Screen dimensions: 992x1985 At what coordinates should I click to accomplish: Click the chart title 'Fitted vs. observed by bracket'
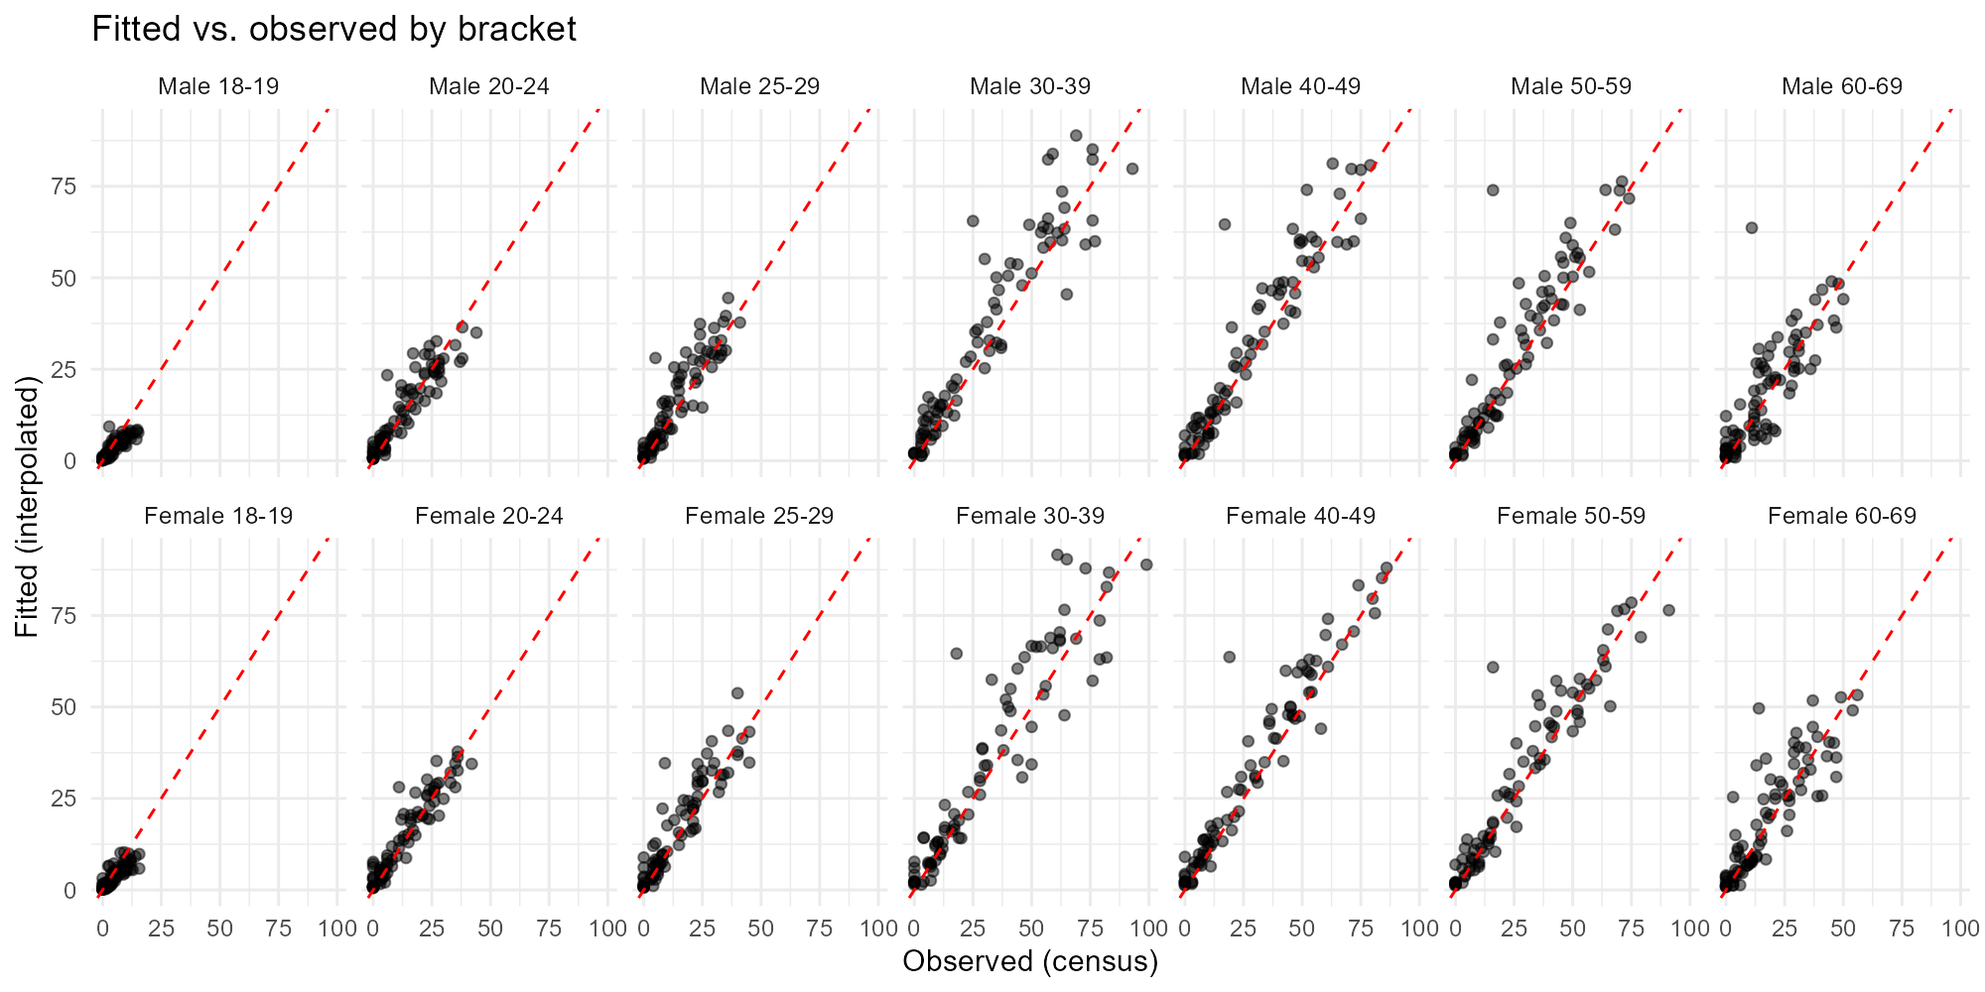[x=333, y=30]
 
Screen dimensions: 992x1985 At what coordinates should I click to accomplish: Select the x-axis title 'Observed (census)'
[x=1030, y=961]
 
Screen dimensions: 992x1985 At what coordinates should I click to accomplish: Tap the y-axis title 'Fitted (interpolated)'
[x=27, y=507]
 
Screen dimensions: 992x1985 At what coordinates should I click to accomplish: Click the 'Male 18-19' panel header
[x=218, y=86]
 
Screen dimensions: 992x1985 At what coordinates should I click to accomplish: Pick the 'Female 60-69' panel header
[x=1842, y=516]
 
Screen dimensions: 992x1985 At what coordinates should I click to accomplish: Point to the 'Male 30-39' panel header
[x=1030, y=86]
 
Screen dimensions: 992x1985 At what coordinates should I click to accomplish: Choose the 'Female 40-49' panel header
[x=1300, y=516]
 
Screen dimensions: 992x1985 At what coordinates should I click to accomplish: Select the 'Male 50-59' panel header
[x=1571, y=86]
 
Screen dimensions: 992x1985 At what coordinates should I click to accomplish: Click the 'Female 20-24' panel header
[x=489, y=516]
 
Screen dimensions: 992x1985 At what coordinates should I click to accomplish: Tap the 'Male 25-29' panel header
[x=759, y=86]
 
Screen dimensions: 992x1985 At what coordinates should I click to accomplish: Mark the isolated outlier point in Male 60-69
[x=1752, y=227]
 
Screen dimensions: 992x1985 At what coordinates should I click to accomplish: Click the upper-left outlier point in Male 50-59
[x=1492, y=189]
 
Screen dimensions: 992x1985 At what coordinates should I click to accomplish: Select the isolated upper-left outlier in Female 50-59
[x=1492, y=667]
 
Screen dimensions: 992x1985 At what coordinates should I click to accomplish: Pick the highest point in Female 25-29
[x=737, y=693]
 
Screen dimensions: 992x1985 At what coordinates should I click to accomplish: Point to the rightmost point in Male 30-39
[x=1131, y=169]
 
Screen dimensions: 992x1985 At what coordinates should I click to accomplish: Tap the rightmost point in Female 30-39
[x=1146, y=564]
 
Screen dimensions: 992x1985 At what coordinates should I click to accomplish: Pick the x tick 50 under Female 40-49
[x=1302, y=930]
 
